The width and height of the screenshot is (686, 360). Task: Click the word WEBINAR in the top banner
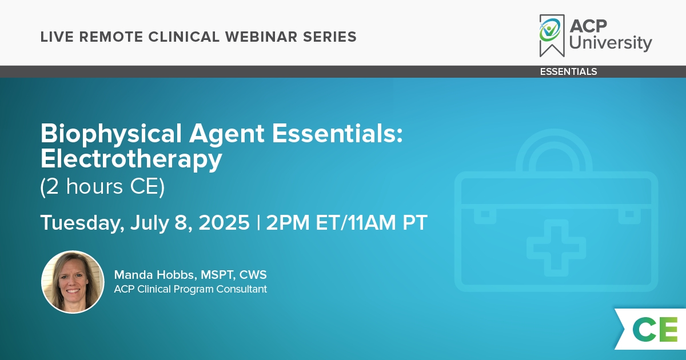(x=261, y=37)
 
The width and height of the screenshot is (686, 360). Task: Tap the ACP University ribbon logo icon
(x=552, y=35)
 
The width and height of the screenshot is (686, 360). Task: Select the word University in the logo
(x=611, y=43)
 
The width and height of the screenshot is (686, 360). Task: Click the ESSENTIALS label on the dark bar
(x=568, y=71)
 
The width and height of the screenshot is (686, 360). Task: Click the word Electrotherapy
(x=131, y=159)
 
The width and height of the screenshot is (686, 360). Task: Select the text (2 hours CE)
(x=102, y=186)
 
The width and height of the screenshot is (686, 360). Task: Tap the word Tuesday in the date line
(x=82, y=223)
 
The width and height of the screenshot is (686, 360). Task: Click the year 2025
(x=224, y=222)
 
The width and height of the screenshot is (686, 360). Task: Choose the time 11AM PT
(x=388, y=222)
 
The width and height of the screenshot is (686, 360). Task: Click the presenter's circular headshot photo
(x=73, y=282)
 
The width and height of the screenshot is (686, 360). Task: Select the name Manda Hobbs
(x=154, y=275)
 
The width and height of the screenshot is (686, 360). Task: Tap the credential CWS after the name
(x=253, y=275)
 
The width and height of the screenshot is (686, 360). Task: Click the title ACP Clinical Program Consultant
(x=190, y=289)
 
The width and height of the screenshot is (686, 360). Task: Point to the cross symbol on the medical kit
(x=556, y=247)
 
